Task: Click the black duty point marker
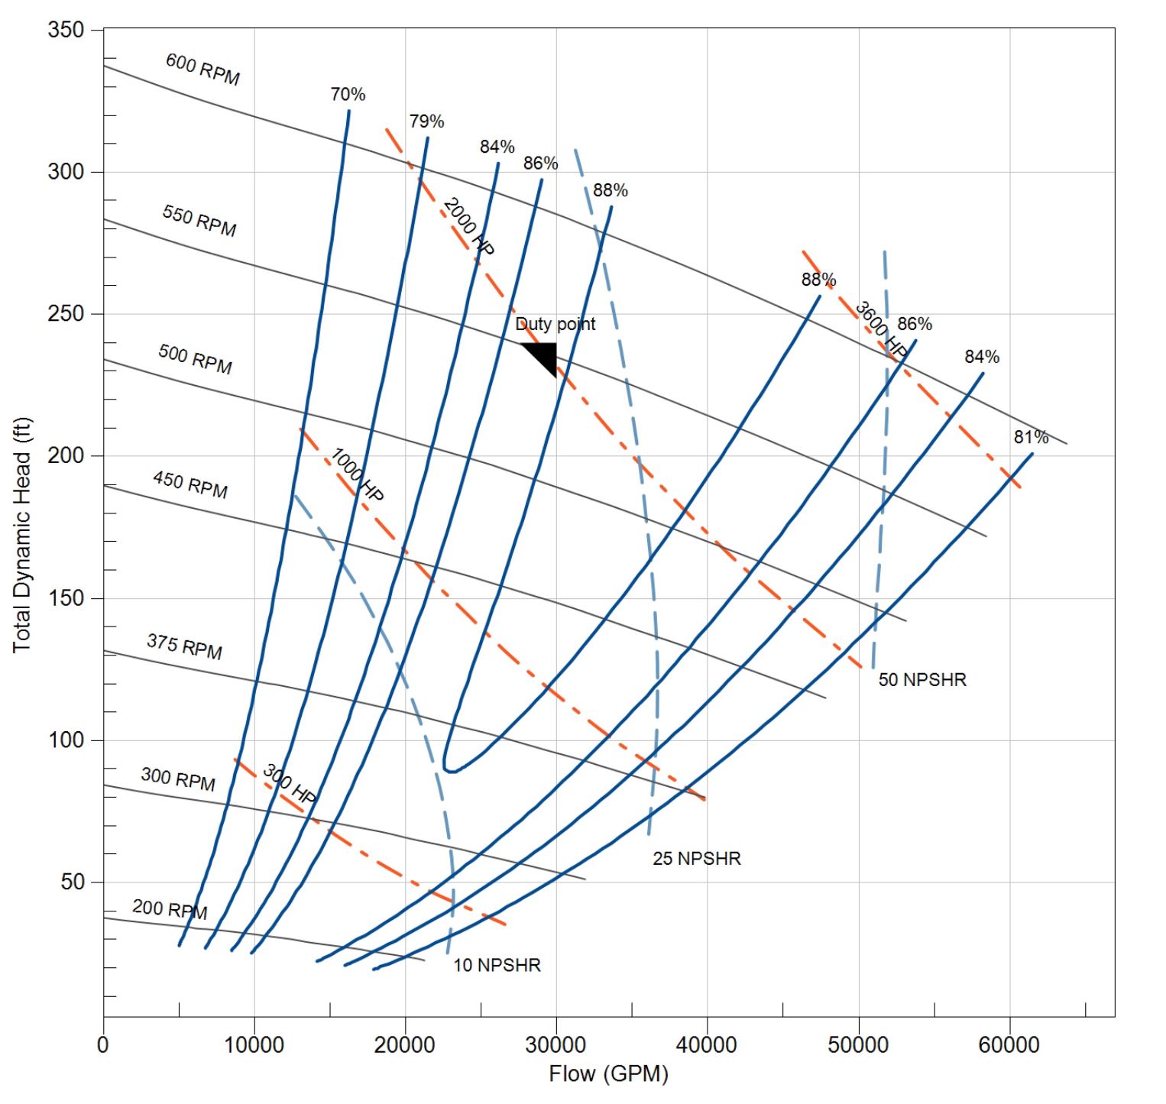click(544, 357)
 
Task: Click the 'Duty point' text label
click(555, 324)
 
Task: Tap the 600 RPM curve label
click(202, 70)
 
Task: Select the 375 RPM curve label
click(184, 646)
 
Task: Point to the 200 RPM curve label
click(170, 909)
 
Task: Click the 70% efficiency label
click(348, 94)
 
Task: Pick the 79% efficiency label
click(426, 121)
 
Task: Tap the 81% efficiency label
click(1031, 437)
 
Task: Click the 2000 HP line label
click(468, 227)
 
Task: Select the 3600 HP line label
click(881, 329)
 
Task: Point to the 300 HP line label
click(290, 784)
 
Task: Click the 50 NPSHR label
click(922, 679)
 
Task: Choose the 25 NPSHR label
click(696, 858)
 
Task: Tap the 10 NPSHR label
click(497, 965)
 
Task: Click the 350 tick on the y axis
click(65, 30)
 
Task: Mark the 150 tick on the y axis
click(65, 598)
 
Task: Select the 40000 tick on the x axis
click(707, 1044)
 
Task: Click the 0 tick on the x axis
click(103, 1044)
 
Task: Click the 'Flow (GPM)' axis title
click(608, 1074)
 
